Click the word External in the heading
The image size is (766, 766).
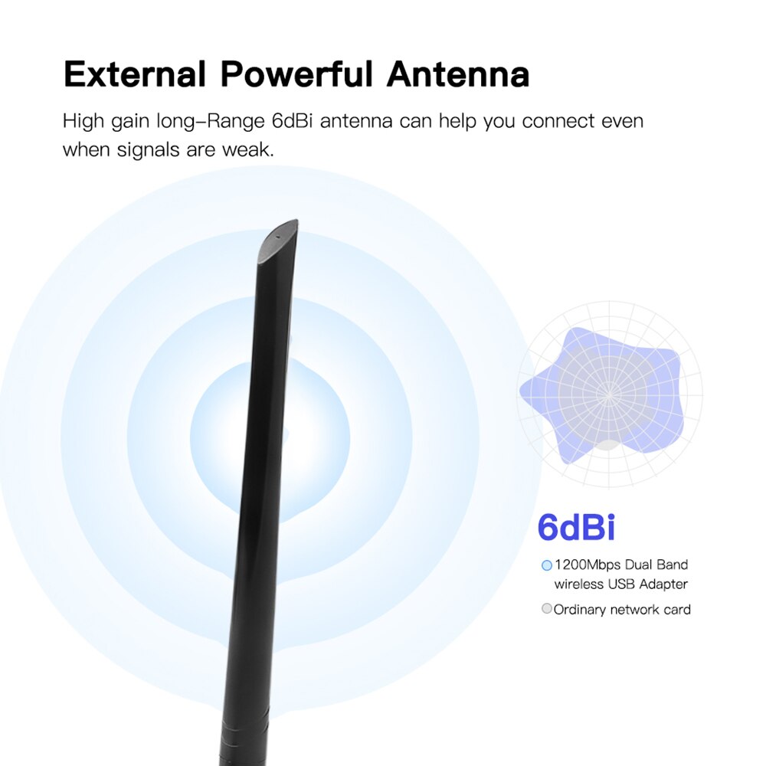tap(134, 75)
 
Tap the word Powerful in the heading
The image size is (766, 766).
tap(296, 75)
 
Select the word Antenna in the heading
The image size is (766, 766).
tap(458, 75)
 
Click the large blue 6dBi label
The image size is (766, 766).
tap(576, 528)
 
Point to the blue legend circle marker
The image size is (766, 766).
tap(546, 565)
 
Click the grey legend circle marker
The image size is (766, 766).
tap(546, 610)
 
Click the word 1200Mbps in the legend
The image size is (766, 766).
tap(588, 565)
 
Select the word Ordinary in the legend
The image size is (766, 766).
tap(580, 610)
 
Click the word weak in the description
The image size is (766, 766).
tap(247, 149)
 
